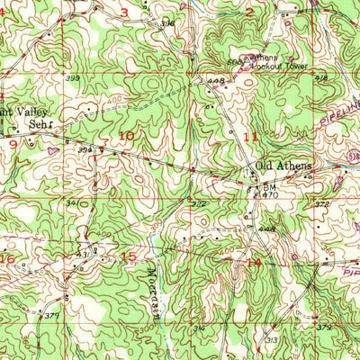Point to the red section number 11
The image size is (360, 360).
251,136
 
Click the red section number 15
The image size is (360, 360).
130,256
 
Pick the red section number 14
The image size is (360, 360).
254,262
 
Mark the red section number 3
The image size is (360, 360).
124,12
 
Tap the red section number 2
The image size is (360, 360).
249,12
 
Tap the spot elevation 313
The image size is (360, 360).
271,339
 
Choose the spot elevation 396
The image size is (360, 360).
166,22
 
